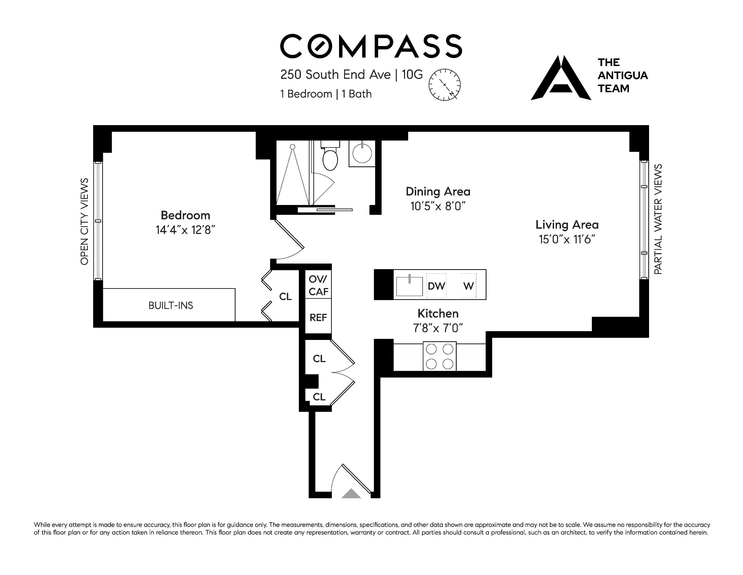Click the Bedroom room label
pos(185,215)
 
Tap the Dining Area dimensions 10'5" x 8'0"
pos(438,206)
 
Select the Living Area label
pos(567,225)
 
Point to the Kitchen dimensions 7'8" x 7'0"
pos(438,328)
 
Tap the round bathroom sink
pos(362,153)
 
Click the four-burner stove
pos(440,356)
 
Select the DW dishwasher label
pos(436,286)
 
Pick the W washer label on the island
pos(468,286)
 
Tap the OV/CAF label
pos(319,285)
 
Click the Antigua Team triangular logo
pos(561,78)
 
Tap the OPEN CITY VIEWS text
pos(84,221)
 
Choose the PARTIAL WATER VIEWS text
pos(658,219)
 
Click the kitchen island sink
pos(409,286)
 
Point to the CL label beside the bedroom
pos(286,297)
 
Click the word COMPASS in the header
pos(371,46)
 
